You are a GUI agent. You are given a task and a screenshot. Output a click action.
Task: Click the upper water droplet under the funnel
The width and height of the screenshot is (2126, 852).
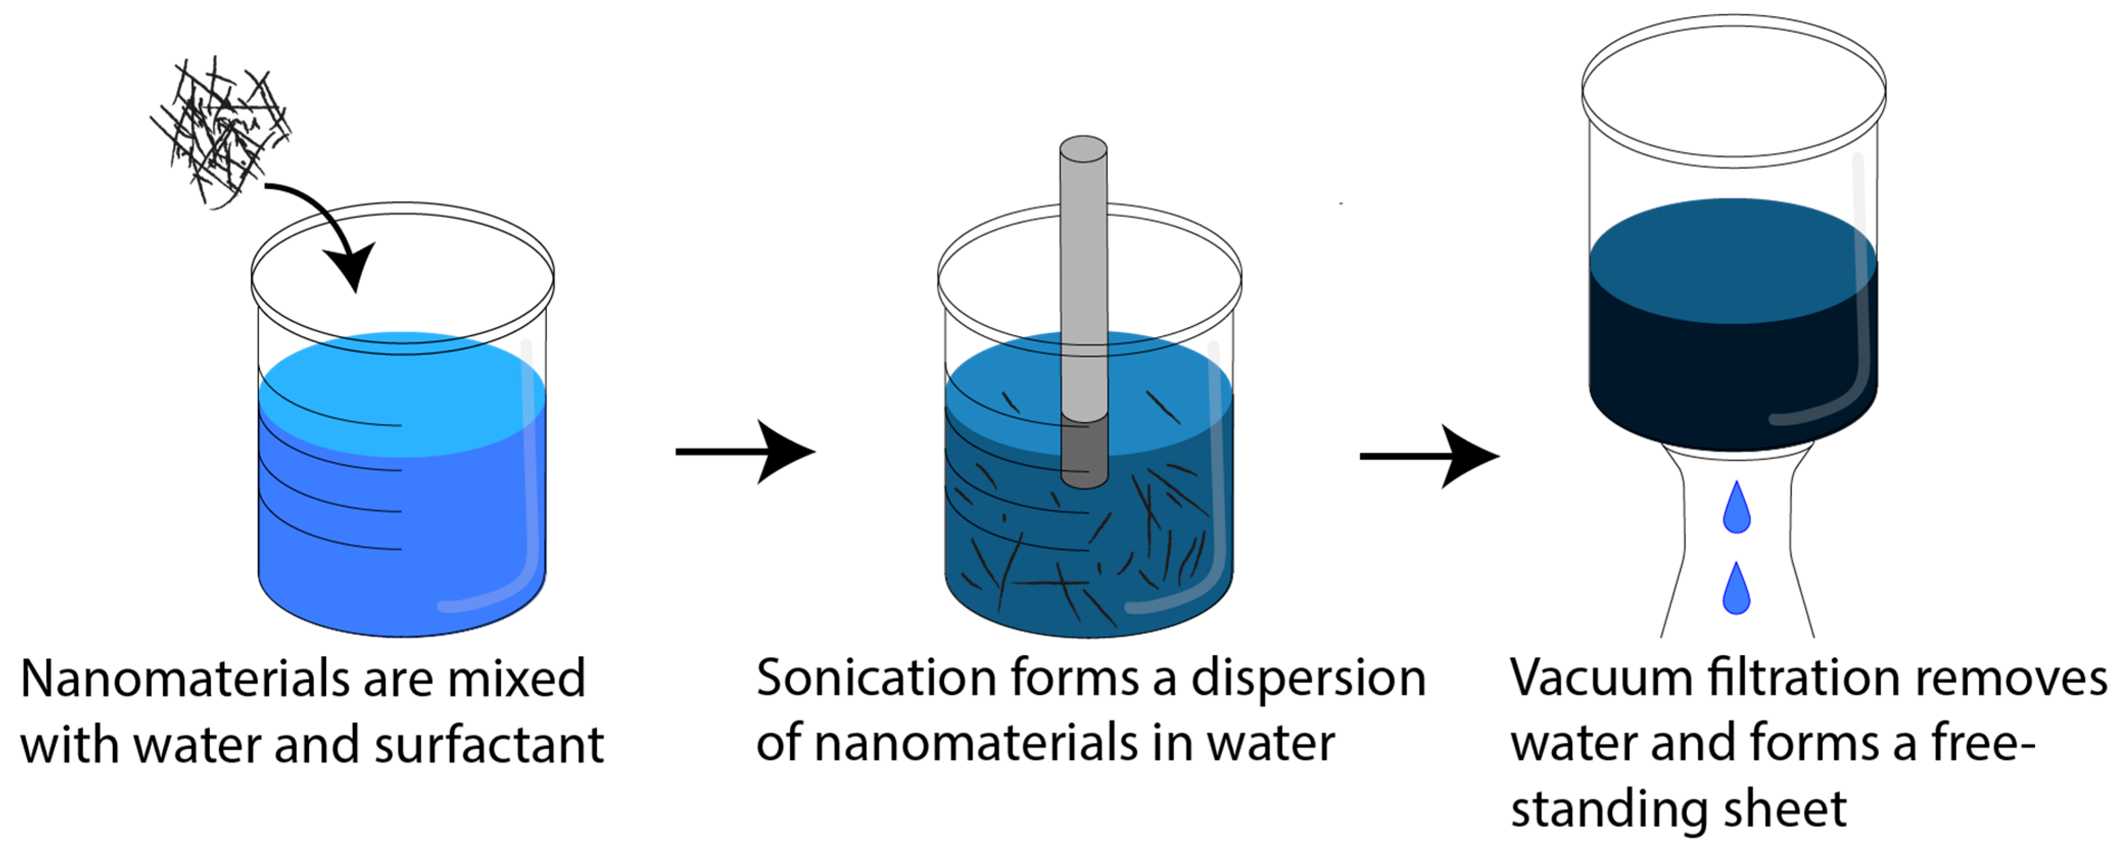coord(1736,508)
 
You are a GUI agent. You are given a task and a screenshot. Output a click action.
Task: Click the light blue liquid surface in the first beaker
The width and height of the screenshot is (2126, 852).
coord(402,394)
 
